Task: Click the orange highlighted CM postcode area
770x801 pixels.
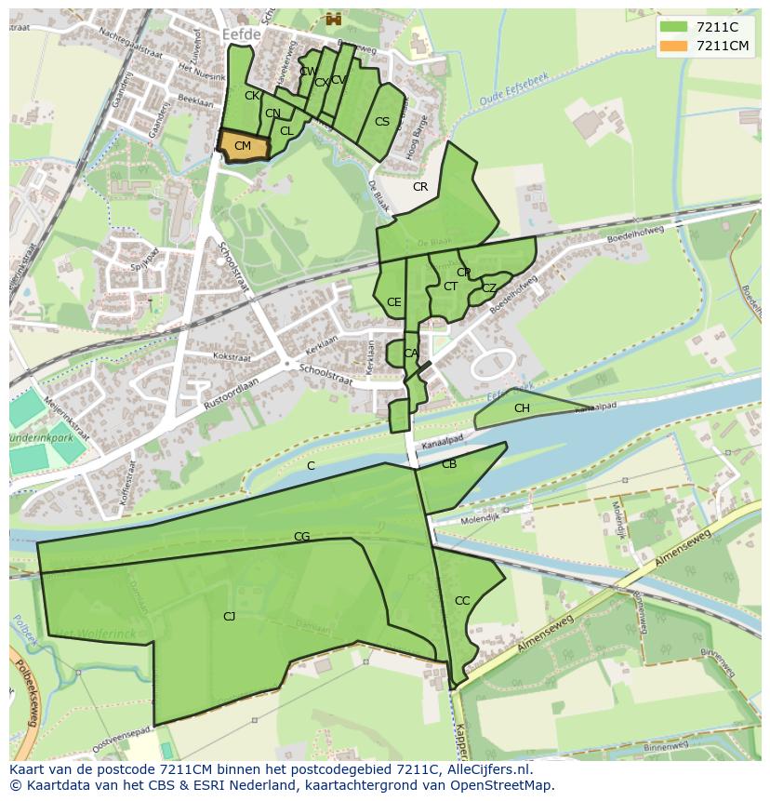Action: tap(243, 146)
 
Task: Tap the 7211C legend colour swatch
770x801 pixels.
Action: tap(673, 28)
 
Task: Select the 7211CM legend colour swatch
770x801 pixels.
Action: tap(673, 46)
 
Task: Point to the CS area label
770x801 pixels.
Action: tap(382, 122)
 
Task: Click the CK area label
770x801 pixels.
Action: tap(252, 96)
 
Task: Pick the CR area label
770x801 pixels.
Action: tap(420, 187)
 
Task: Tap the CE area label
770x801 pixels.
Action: tap(394, 302)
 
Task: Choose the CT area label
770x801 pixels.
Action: tap(450, 287)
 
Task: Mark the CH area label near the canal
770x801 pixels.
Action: tap(522, 408)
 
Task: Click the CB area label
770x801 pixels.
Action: tap(449, 464)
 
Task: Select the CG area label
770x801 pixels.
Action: tap(301, 537)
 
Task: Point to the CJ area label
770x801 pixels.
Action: tap(229, 616)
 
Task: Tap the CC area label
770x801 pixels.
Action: tap(462, 601)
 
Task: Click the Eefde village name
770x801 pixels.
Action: tap(242, 33)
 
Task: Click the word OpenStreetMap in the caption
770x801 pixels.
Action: tap(498, 785)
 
